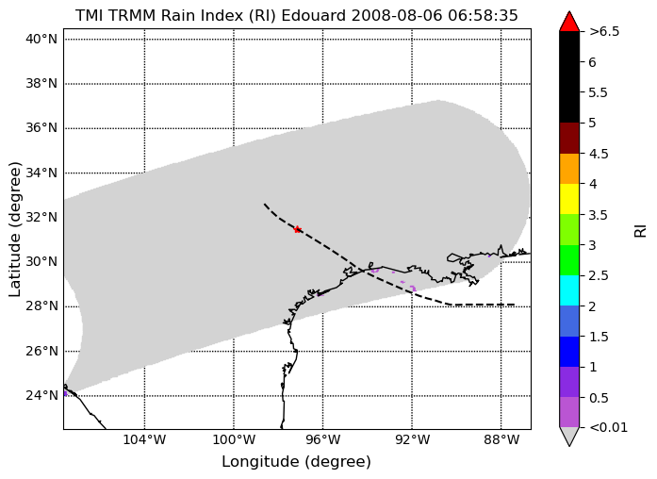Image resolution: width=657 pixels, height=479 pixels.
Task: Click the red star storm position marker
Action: coord(297,229)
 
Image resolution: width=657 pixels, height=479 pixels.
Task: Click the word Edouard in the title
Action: coord(313,15)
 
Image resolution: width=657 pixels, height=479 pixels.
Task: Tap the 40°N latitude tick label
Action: coord(41,39)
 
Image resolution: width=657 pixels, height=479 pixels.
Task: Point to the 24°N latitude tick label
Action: coord(41,395)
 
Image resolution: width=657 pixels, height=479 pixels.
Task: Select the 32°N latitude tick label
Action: coord(41,217)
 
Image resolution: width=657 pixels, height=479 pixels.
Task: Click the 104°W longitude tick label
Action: coord(145,439)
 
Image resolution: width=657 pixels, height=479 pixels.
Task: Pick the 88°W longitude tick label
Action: coord(501,439)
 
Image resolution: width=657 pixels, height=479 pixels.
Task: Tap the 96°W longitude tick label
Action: coord(323,439)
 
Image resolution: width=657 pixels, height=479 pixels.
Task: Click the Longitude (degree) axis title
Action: coord(297,462)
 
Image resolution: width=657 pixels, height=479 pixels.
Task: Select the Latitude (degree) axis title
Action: coord(14,229)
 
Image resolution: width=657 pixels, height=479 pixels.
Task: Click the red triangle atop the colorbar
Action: coord(569,22)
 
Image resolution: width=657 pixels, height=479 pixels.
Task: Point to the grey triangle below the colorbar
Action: coord(569,437)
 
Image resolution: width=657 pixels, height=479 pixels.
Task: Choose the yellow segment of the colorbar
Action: coord(569,199)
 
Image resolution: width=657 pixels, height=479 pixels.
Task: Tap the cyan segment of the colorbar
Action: coord(569,290)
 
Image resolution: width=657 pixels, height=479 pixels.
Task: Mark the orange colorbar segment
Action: coord(569,169)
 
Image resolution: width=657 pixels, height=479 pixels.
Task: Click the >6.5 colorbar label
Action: coord(604,31)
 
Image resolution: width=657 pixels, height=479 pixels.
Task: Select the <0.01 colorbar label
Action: coord(608,427)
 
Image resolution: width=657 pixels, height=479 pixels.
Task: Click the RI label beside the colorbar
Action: coord(641,231)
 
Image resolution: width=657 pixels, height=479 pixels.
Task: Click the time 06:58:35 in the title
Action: coord(483,15)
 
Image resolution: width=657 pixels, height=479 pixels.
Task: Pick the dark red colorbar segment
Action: coord(569,138)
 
